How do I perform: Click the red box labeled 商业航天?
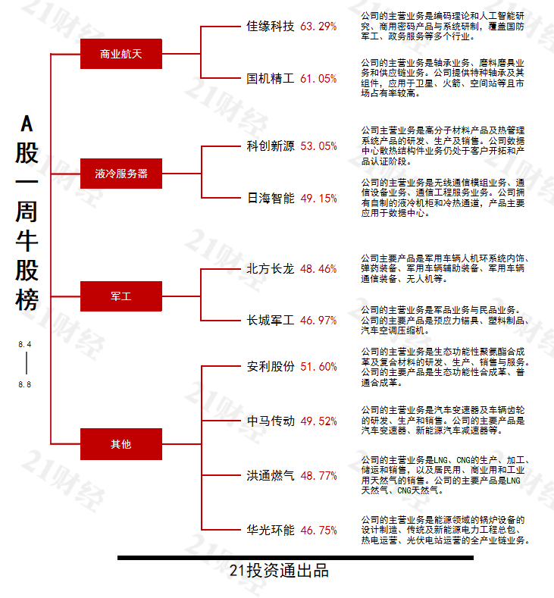pos(121,54)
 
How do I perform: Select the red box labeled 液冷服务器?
pos(121,174)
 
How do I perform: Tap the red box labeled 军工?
pos(121,296)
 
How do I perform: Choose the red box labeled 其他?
pos(121,444)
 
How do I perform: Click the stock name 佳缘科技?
pos(271,26)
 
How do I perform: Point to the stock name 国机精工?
pos(271,77)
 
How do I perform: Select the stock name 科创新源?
pos(271,146)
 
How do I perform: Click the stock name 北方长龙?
pos(271,268)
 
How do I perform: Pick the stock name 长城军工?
pos(271,320)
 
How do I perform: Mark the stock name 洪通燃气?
pos(271,476)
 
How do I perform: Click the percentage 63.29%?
pos(318,27)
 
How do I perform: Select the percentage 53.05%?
pos(318,146)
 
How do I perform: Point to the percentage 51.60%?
pos(318,367)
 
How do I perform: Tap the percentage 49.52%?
pos(318,421)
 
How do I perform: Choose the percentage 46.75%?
pos(318,531)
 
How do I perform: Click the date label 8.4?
pos(25,345)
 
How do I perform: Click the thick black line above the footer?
pos(295,558)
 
